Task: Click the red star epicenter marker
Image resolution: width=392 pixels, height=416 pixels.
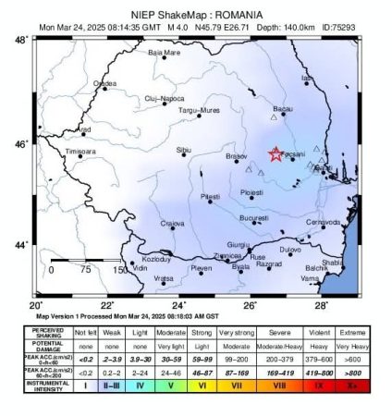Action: pos(276,154)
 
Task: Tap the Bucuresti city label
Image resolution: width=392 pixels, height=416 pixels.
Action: pos(253,218)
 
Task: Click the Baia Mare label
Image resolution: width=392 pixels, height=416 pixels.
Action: pos(165,53)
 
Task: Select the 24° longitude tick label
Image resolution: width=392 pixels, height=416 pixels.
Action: pos(178,305)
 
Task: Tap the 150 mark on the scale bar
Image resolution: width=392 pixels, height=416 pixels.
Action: pos(120,270)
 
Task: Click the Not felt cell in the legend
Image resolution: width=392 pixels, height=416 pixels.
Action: pos(85,330)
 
